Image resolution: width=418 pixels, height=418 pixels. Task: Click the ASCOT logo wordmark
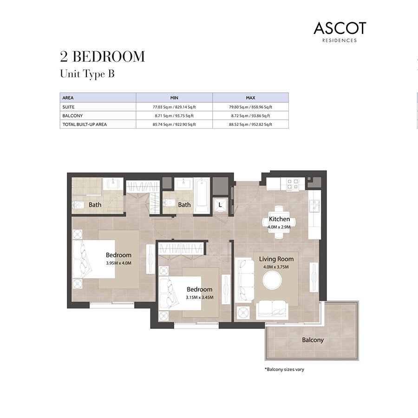tap(340, 28)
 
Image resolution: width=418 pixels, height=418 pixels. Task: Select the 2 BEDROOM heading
tap(103, 57)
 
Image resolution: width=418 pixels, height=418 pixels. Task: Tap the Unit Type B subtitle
tap(87, 74)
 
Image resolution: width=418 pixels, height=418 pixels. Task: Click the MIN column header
tap(174, 98)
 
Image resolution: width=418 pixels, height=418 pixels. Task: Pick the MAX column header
tap(251, 98)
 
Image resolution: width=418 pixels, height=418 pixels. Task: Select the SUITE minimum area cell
tap(174, 107)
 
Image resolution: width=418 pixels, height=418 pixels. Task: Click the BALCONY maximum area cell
tap(251, 116)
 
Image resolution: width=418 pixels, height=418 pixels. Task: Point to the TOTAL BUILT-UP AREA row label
tap(85, 124)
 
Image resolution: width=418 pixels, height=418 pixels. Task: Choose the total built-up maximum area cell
tap(251, 124)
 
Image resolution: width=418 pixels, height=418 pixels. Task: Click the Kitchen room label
tap(279, 219)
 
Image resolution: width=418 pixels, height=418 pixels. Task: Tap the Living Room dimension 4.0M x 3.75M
tap(276, 267)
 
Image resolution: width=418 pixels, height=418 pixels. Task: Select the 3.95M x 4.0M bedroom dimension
tap(118, 263)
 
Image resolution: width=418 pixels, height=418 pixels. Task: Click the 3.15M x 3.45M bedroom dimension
tap(200, 297)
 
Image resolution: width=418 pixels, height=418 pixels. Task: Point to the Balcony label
tap(313, 340)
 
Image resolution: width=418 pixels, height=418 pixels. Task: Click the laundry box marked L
tap(220, 205)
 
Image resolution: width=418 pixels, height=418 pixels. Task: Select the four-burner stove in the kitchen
tap(293, 184)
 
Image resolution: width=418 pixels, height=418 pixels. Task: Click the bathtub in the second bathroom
tap(201, 196)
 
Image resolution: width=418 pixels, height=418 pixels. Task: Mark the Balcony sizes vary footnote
tap(284, 370)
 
